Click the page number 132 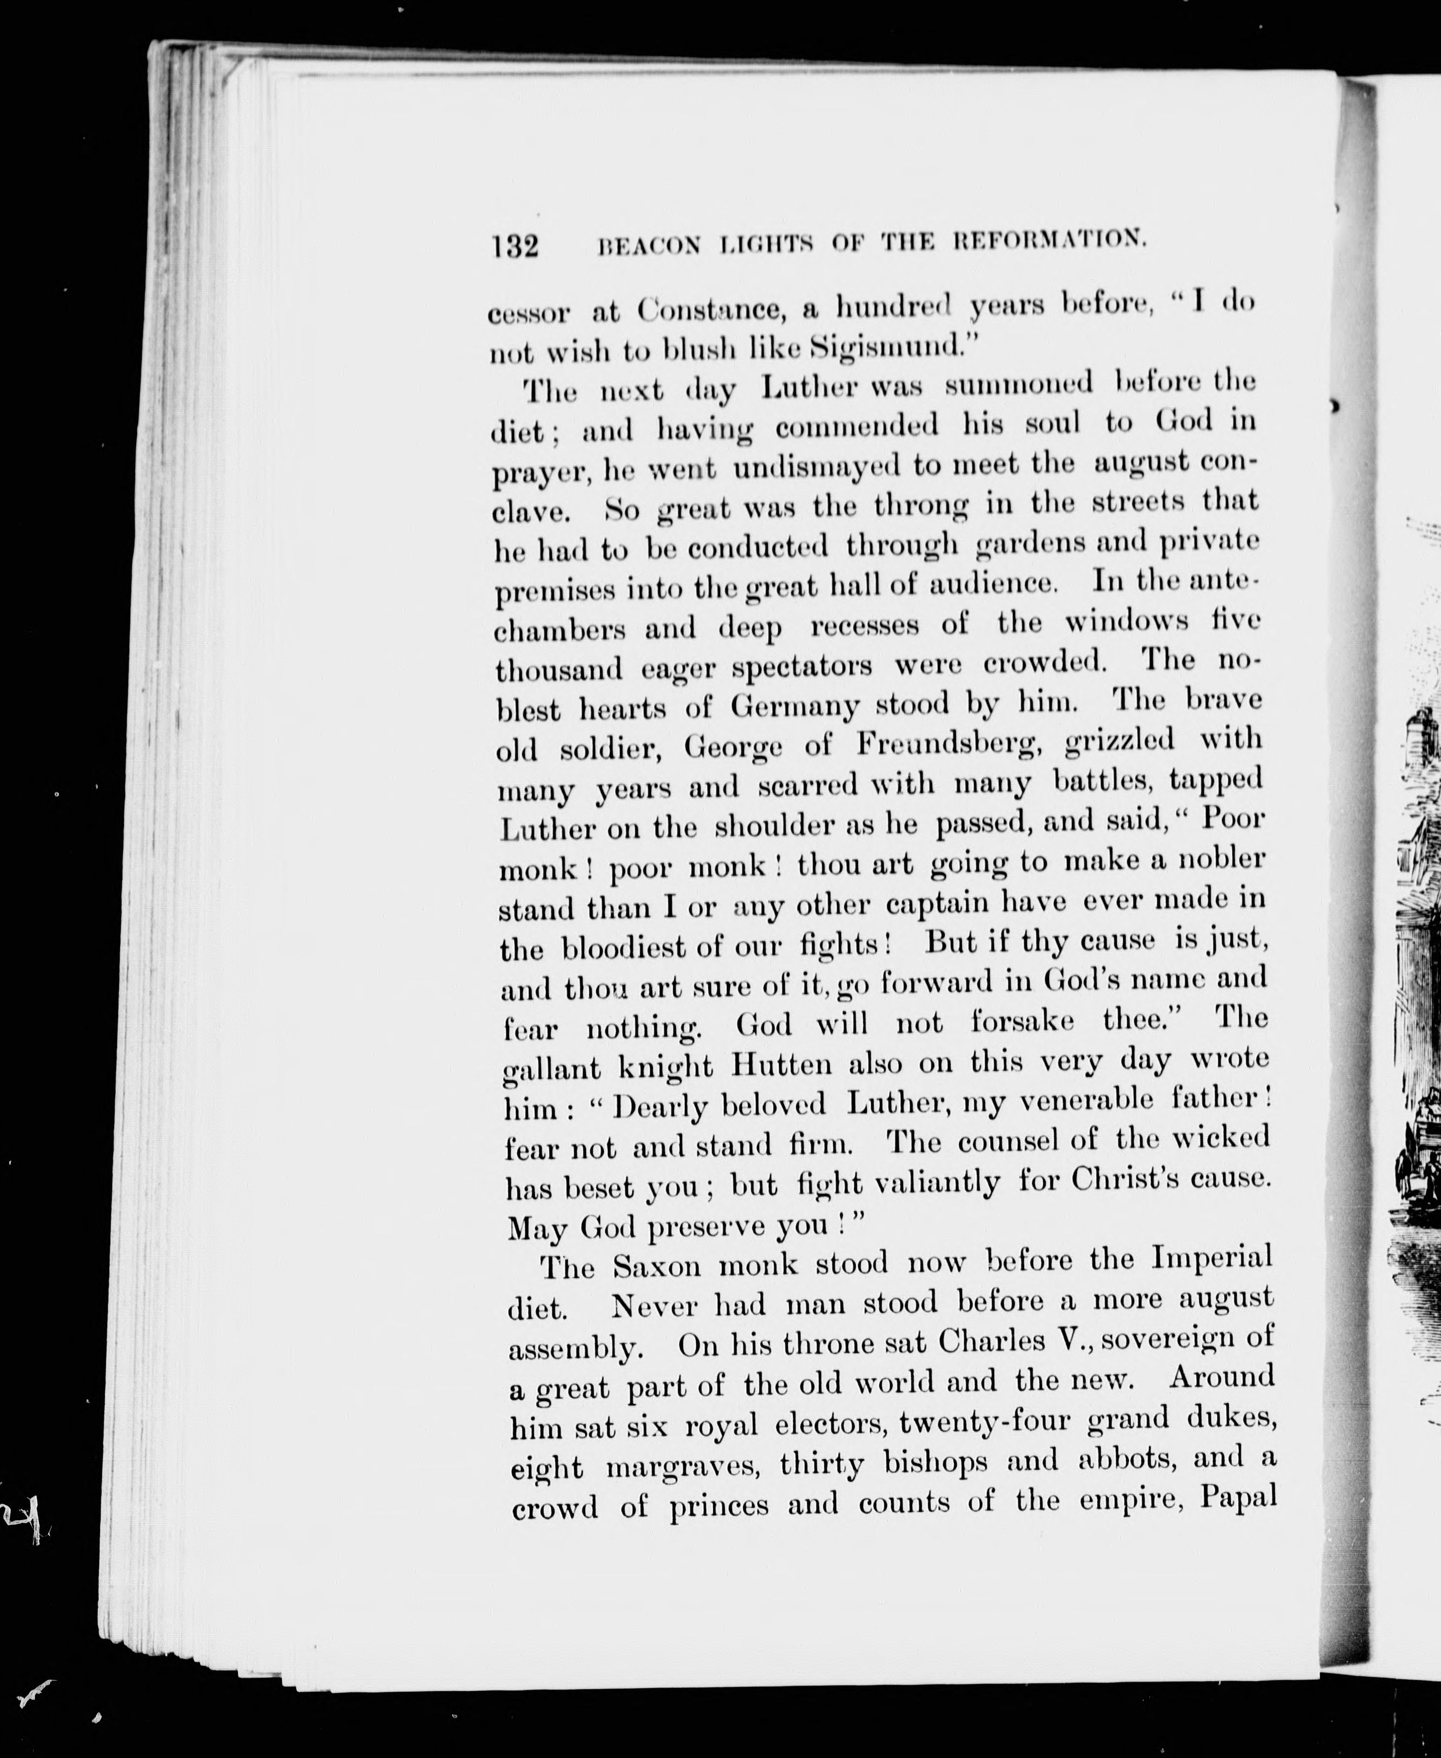pos(515,247)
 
